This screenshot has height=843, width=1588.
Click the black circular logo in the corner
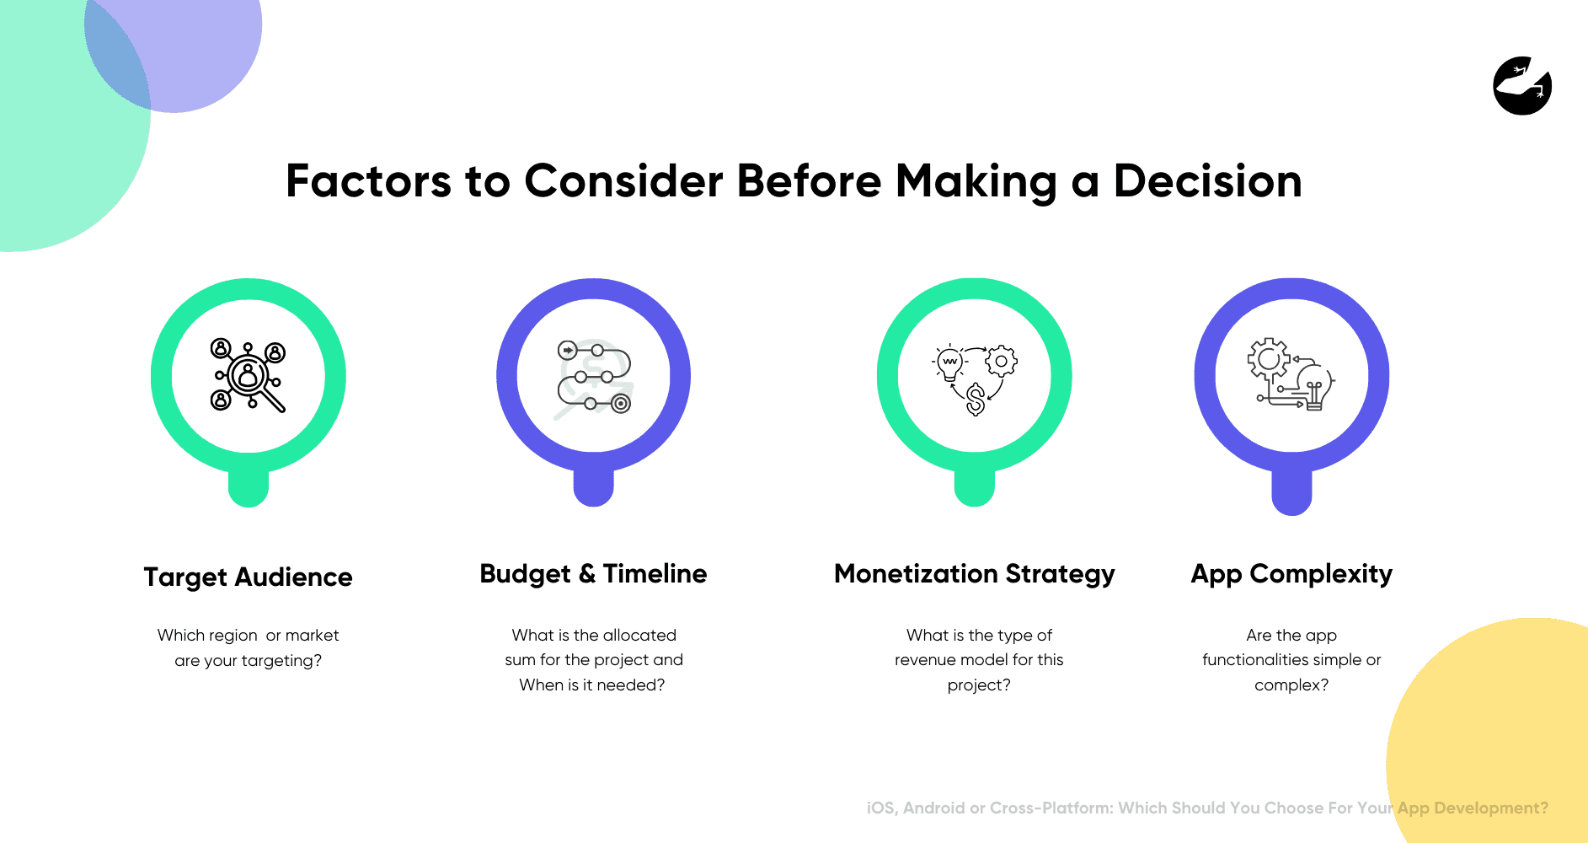point(1522,86)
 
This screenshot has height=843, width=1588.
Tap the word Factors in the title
point(368,181)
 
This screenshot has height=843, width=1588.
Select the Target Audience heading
point(248,577)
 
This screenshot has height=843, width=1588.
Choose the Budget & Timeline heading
point(593,574)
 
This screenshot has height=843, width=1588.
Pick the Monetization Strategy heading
point(974,574)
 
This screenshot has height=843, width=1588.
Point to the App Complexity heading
point(1291,574)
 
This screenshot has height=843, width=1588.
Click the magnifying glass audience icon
point(248,375)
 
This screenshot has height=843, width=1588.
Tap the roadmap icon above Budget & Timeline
point(594,377)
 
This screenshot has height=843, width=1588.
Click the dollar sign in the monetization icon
point(976,399)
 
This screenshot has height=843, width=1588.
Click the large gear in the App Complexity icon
point(1268,359)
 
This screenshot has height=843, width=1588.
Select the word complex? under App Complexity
point(1291,685)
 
